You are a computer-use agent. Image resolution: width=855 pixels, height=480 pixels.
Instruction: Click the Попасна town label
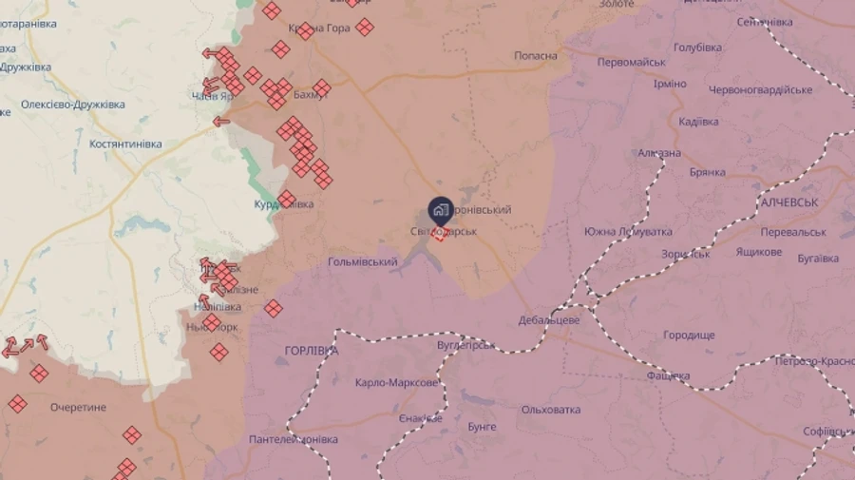pyautogui.click(x=536, y=56)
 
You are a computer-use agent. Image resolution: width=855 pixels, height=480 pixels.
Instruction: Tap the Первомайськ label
pyautogui.click(x=632, y=62)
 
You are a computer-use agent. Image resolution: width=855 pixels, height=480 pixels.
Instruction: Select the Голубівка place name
pyautogui.click(x=698, y=48)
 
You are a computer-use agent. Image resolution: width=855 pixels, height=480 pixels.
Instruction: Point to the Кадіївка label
pyautogui.click(x=699, y=122)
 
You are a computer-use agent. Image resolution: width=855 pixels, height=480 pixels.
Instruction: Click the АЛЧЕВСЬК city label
pyautogui.click(x=789, y=203)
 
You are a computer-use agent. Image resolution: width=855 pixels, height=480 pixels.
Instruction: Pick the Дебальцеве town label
pyautogui.click(x=549, y=320)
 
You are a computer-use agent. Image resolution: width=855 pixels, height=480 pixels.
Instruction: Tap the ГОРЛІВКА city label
pyautogui.click(x=312, y=351)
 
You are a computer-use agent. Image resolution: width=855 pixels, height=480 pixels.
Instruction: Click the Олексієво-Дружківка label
pyautogui.click(x=73, y=105)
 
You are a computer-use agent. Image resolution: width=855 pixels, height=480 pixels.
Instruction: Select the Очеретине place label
pyautogui.click(x=79, y=408)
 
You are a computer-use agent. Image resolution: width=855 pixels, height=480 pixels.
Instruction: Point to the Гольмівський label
pyautogui.click(x=363, y=261)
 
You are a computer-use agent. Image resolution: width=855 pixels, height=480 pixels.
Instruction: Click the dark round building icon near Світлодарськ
pyautogui.click(x=440, y=210)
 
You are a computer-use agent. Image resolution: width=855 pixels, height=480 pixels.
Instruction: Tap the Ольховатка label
pyautogui.click(x=551, y=410)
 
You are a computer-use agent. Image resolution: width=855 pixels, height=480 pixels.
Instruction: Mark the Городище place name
pyautogui.click(x=689, y=336)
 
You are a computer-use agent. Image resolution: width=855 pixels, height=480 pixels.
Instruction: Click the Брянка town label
pyautogui.click(x=708, y=172)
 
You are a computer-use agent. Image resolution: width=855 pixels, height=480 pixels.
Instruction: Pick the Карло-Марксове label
pyautogui.click(x=397, y=383)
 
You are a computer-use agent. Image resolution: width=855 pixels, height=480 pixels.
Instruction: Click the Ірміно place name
pyautogui.click(x=670, y=84)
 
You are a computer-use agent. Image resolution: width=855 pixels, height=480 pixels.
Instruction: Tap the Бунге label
pyautogui.click(x=482, y=427)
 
